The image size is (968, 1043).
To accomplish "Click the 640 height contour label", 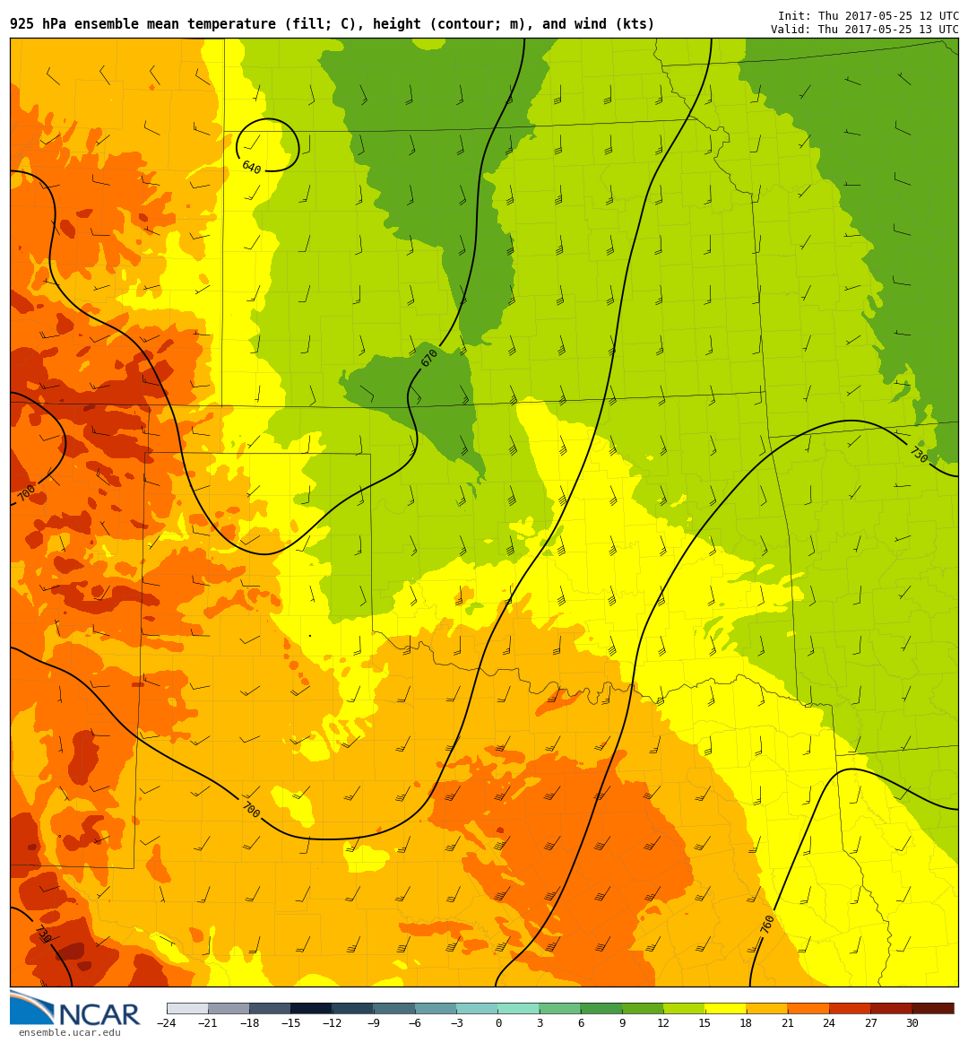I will (x=251, y=168).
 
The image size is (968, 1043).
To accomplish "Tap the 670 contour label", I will (x=429, y=358).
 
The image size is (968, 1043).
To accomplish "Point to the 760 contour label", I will (x=767, y=925).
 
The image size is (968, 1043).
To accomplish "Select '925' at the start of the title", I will (x=22, y=24).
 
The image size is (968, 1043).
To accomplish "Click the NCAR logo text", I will (x=99, y=1015).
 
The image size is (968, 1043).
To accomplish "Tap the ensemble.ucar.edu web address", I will (x=69, y=1033).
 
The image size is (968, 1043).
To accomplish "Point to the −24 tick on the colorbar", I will (x=167, y=1023).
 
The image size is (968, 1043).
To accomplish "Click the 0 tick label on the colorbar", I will (x=498, y=1023).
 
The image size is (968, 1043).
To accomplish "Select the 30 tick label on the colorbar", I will (x=912, y=1023).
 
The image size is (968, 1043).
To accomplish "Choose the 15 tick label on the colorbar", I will (x=704, y=1023).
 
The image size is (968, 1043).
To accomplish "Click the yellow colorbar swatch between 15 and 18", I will (x=725, y=1008).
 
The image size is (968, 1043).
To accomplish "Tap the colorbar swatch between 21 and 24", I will (x=808, y=1008).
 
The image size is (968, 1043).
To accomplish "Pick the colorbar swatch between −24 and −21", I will (x=187, y=1008).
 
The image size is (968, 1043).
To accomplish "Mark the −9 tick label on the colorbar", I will (x=374, y=1023).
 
